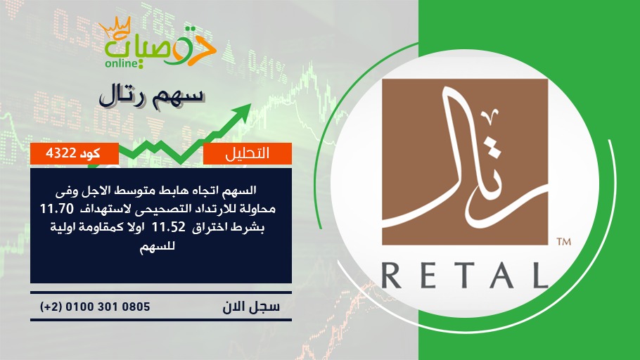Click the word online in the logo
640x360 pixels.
click(x=122, y=63)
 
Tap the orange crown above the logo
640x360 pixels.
click(x=115, y=27)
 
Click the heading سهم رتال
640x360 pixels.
click(x=151, y=96)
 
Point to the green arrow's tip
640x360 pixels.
click(x=250, y=105)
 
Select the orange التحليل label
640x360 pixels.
click(x=248, y=153)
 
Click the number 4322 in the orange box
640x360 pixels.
click(x=61, y=153)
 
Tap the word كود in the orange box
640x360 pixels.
click(x=90, y=153)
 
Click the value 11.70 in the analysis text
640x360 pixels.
click(x=57, y=209)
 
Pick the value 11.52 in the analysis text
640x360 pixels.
click(x=169, y=227)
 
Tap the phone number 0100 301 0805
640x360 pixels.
click(x=108, y=307)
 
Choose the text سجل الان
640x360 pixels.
click(x=251, y=307)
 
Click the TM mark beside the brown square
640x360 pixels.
click(x=563, y=242)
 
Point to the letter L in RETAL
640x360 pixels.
click(x=541, y=276)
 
